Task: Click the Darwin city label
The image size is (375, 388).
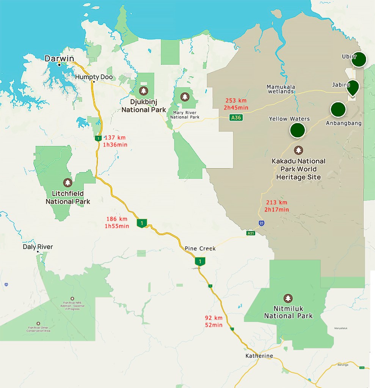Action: (x=58, y=58)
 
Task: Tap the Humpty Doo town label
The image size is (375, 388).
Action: (x=94, y=77)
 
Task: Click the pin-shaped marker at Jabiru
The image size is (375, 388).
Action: (x=353, y=87)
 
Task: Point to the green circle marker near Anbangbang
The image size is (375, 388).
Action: (x=338, y=109)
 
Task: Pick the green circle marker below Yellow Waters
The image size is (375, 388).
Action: (x=297, y=130)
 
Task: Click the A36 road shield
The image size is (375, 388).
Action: (x=235, y=118)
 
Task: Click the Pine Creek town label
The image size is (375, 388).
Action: (x=200, y=248)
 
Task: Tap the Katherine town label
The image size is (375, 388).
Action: (x=259, y=356)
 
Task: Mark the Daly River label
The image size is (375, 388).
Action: (x=38, y=247)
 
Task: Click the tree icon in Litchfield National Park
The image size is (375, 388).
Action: (x=68, y=183)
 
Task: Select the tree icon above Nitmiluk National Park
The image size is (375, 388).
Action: (x=288, y=298)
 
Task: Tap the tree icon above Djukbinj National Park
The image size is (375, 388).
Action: (x=143, y=91)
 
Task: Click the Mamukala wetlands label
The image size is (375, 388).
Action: (x=281, y=89)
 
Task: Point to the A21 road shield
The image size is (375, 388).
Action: (x=251, y=233)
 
